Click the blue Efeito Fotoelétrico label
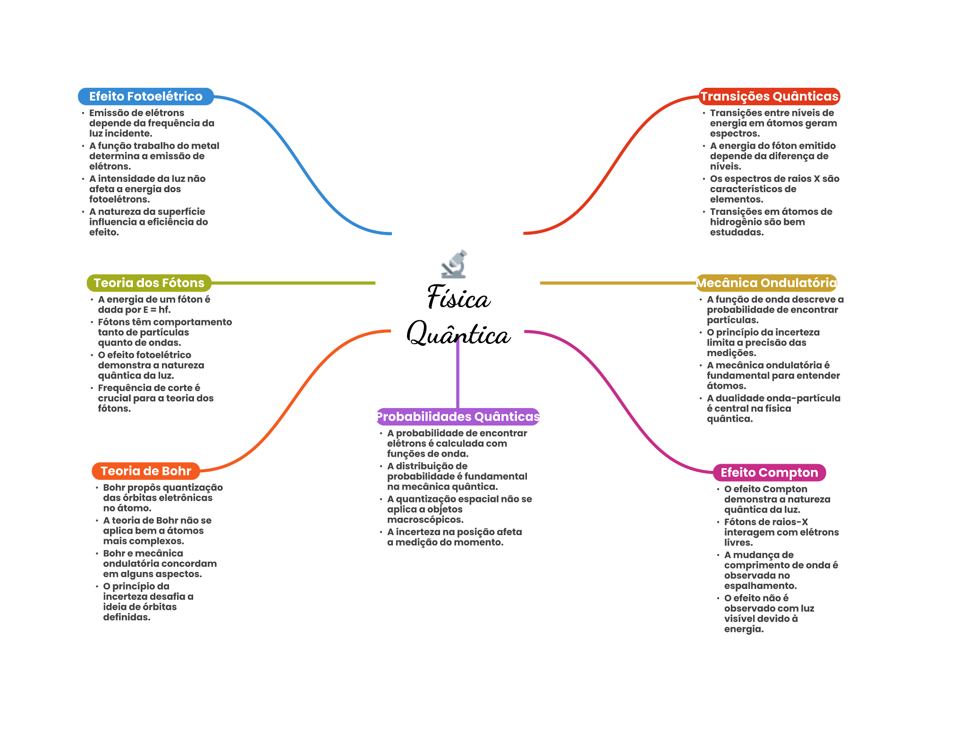coord(145,96)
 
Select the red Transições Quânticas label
coord(769,96)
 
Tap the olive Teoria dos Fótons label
coord(149,283)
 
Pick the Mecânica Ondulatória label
coord(766,283)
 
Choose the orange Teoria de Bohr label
coord(146,471)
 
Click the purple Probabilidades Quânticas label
coord(458,417)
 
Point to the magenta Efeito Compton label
coord(769,472)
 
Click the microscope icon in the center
coord(454,264)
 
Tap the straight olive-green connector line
coord(293,283)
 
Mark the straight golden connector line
coord(614,283)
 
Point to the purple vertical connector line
coord(458,373)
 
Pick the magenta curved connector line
coord(619,401)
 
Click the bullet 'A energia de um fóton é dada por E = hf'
coord(154,305)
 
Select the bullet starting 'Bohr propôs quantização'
coord(162,498)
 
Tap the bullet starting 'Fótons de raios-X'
coord(781,532)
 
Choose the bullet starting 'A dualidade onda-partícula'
coord(773,409)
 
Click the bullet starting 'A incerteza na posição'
coord(454,537)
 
